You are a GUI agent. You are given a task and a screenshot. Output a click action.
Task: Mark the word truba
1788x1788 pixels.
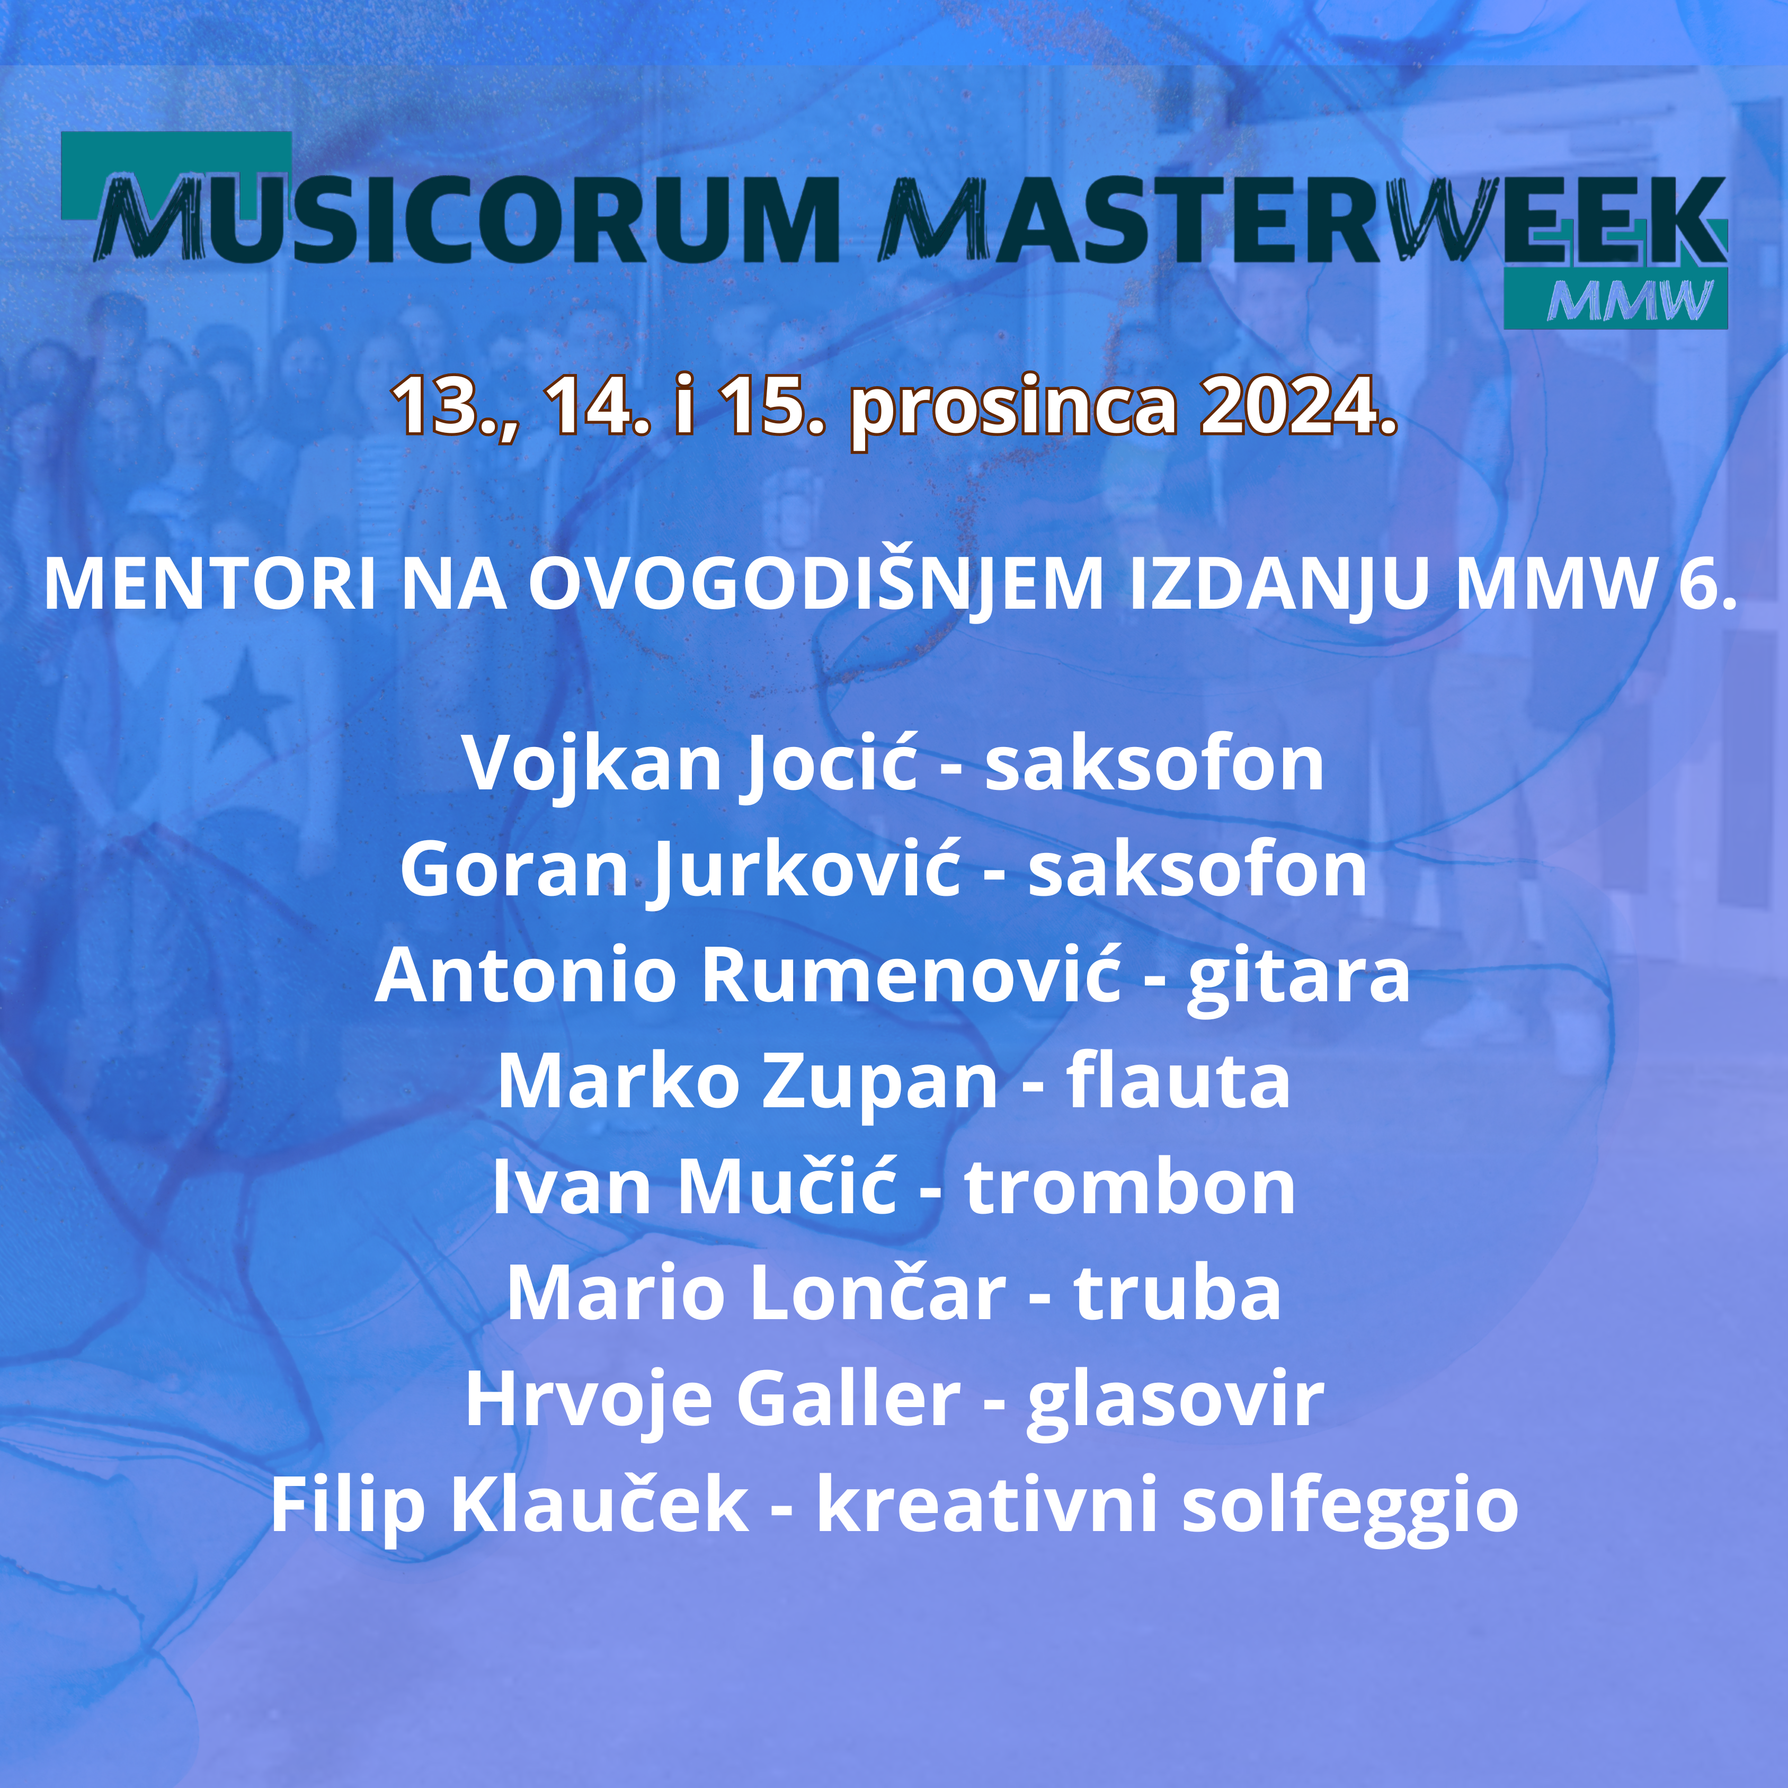[x=1177, y=1293]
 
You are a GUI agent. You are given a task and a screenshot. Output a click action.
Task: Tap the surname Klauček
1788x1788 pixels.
[x=600, y=1505]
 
